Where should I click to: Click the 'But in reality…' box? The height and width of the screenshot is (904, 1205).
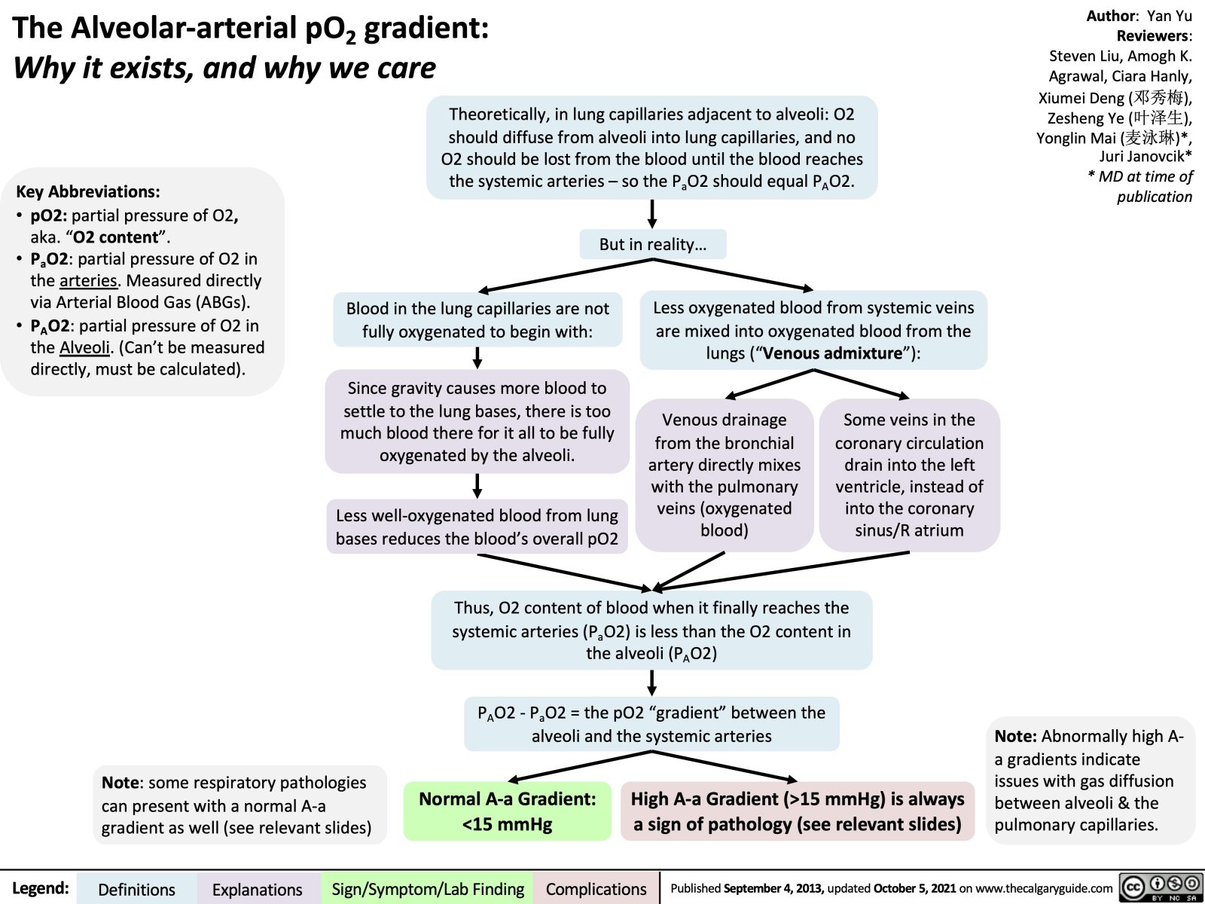(x=652, y=244)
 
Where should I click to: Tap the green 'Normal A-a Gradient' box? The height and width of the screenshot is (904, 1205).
(x=507, y=811)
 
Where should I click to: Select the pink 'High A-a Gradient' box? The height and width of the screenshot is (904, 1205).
(x=797, y=811)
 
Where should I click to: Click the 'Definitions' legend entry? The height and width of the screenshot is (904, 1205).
(x=136, y=889)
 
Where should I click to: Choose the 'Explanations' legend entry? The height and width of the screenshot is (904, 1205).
(x=257, y=889)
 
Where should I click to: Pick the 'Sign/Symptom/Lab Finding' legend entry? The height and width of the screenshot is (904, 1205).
(x=428, y=889)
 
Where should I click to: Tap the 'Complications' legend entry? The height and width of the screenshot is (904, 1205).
(x=596, y=889)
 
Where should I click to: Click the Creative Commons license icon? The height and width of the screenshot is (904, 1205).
(x=1161, y=887)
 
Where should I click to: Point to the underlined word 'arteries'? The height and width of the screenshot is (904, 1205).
(x=89, y=281)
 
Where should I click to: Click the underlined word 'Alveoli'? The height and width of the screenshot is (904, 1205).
(x=84, y=347)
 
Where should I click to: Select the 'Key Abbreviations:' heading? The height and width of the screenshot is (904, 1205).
(x=88, y=191)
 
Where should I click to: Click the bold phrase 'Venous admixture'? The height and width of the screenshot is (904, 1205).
(x=831, y=353)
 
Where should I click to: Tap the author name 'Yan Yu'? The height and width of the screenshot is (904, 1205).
(x=1169, y=16)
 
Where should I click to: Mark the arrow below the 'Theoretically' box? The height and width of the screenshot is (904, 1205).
(x=652, y=213)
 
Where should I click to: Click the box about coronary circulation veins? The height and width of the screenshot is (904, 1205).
(x=909, y=475)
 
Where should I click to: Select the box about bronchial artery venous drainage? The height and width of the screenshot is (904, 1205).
(x=724, y=475)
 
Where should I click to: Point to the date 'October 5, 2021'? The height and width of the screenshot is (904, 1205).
(x=914, y=889)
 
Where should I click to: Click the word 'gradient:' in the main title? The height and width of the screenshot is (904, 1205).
(x=426, y=28)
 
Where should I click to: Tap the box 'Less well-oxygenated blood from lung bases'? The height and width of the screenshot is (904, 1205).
(x=477, y=527)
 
